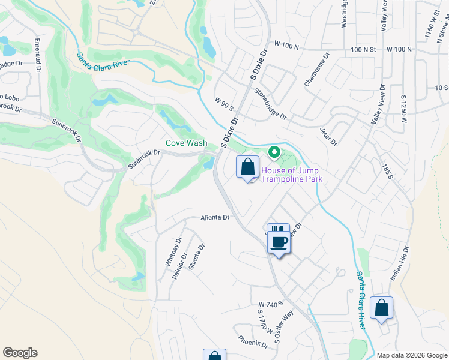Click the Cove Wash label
coord(187,143)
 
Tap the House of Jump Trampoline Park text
coord(291,175)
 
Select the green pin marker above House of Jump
coord(274,152)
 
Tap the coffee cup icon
coord(277,242)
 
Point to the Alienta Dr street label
coord(215,218)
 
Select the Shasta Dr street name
coord(196,257)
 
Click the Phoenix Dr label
coord(252,340)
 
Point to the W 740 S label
coord(270,305)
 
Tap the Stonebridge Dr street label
coord(271,103)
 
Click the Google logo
coord(20,353)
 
